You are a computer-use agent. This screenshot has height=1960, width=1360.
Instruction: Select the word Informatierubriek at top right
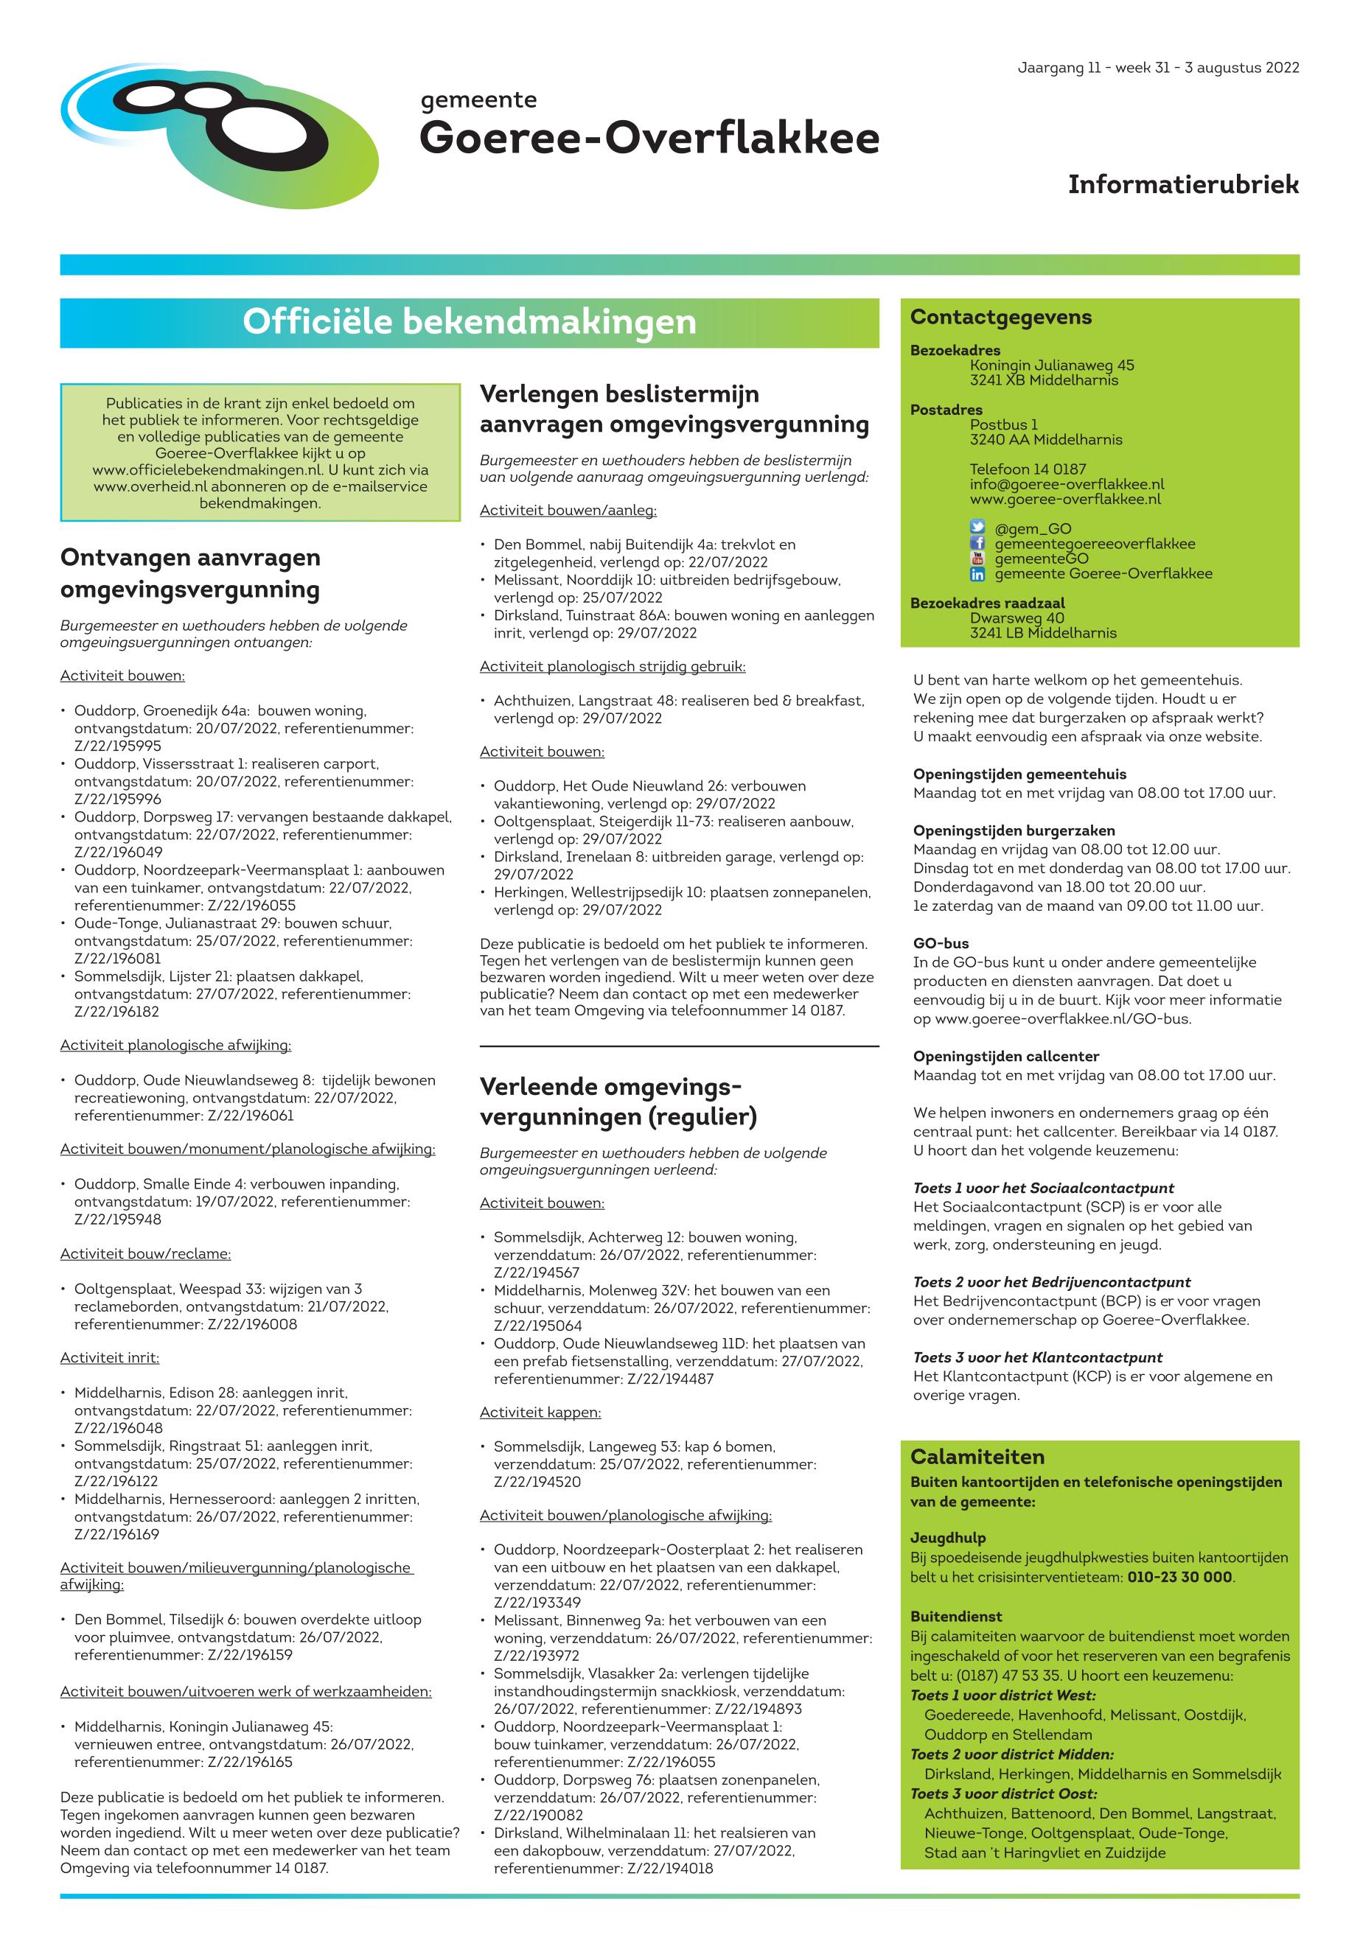1183,184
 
